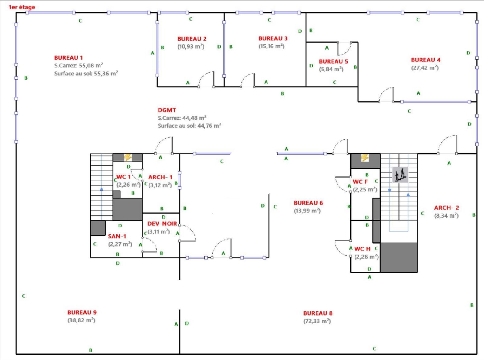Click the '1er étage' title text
coord(22,7)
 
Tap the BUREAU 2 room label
coord(192,39)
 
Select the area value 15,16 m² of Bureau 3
coord(271,46)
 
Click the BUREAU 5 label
coord(333,61)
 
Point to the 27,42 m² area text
coord(425,68)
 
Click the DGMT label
coord(167,110)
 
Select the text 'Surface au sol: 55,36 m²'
coord(86,73)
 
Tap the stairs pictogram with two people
coord(400,175)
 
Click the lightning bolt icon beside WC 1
coord(128,157)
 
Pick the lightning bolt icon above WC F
coord(365,158)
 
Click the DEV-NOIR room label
coord(162,224)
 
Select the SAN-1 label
coord(117,236)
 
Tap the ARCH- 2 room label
coord(446,208)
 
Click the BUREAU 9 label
coord(82,313)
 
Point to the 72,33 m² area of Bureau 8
coord(317,321)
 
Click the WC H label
coord(362,249)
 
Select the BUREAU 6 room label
coord(308,203)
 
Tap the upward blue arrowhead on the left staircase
coord(101,189)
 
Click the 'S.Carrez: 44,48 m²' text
coord(182,118)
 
